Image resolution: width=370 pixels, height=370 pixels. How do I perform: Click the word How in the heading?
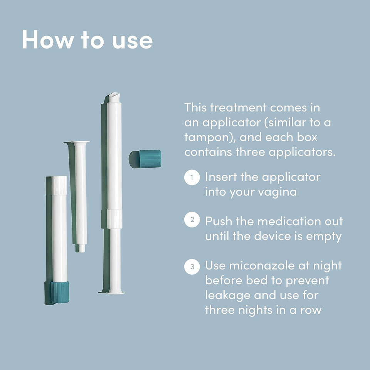coord(47,39)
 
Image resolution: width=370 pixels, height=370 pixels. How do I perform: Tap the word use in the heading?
coord(132,41)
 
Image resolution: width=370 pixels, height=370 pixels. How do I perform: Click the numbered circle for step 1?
coord(192,177)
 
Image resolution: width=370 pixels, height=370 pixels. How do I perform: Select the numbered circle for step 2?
coord(192,219)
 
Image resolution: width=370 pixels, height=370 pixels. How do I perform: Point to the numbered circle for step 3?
coord(192,267)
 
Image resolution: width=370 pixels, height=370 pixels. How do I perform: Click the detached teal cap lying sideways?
coord(145,159)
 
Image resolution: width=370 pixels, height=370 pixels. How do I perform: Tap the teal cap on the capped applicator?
coord(60,292)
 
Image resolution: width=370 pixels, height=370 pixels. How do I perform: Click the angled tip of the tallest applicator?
coord(114,97)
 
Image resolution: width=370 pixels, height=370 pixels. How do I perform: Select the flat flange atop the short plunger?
coord(81,143)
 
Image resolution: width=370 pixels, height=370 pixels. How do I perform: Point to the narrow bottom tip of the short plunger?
coord(82,248)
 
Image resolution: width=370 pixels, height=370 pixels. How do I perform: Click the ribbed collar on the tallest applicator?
coord(115,219)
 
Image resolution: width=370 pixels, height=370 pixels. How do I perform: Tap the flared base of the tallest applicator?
coord(115,293)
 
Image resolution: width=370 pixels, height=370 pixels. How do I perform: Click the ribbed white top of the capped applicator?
coord(59,185)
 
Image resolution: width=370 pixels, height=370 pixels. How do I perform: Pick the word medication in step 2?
coord(289,221)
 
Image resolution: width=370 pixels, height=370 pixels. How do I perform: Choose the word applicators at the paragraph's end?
coord(302,153)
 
